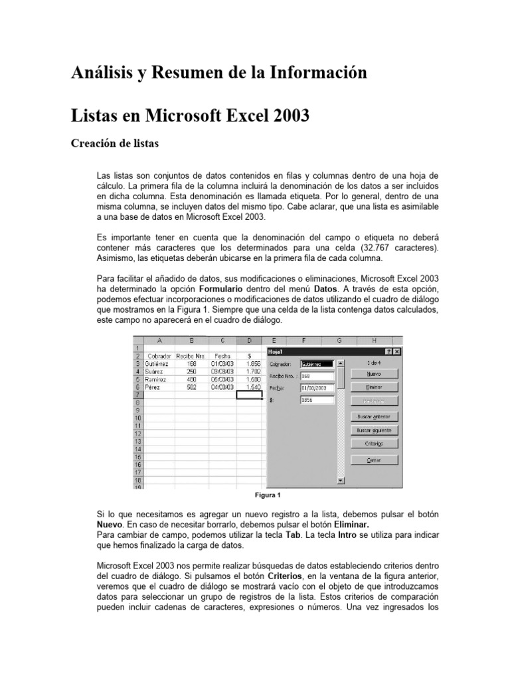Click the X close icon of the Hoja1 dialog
396,351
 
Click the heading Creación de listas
114,143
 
